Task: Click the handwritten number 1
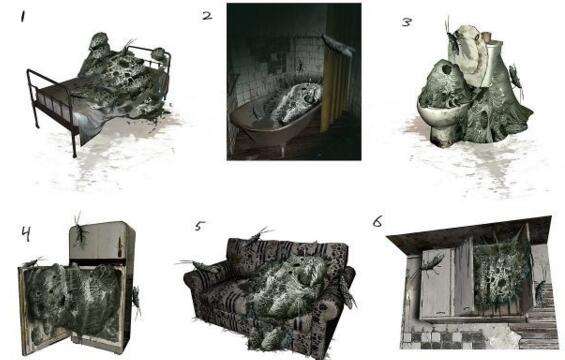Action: point(23,17)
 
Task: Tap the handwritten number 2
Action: point(207,16)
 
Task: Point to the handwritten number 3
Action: point(406,22)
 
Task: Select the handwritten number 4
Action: point(26,234)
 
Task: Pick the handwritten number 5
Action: point(200,226)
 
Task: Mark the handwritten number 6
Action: point(377,222)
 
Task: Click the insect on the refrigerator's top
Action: point(80,231)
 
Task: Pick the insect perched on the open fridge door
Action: point(34,262)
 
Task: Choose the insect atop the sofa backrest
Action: point(259,234)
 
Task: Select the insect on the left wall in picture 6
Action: point(429,265)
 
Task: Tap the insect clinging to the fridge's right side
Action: point(136,300)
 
